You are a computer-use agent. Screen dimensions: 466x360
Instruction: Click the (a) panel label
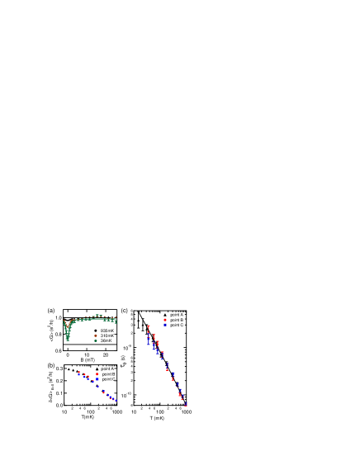[51, 311]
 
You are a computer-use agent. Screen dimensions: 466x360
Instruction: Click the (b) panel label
[51, 365]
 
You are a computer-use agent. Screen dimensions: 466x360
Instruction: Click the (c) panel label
[124, 311]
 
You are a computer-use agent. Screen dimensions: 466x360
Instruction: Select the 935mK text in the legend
[107, 330]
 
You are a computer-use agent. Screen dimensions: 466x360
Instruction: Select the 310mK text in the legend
[107, 335]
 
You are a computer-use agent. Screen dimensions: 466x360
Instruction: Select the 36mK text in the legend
[107, 340]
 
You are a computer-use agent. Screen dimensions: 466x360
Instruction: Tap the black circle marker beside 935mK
[95, 330]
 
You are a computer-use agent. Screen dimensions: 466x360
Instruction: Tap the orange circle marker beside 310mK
[95, 335]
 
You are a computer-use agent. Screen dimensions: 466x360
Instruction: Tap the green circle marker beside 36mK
[95, 340]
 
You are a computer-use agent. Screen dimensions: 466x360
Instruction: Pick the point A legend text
[176, 315]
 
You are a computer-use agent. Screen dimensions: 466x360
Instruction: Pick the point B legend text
[176, 320]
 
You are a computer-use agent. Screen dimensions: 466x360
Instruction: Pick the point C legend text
[176, 325]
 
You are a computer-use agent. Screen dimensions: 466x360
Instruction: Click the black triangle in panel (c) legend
[164, 315]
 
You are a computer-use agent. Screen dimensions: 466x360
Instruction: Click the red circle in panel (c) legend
[164, 320]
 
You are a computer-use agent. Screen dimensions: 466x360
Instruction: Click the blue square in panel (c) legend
[164, 325]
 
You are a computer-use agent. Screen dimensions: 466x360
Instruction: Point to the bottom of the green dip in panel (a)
[68, 339]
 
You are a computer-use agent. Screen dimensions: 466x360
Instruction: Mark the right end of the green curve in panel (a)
[116, 321]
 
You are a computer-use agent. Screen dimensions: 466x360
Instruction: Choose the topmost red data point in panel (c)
[149, 327]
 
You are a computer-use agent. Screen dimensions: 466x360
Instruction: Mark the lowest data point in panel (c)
[186, 404]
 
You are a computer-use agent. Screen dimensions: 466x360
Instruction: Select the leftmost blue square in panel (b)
[78, 374]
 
